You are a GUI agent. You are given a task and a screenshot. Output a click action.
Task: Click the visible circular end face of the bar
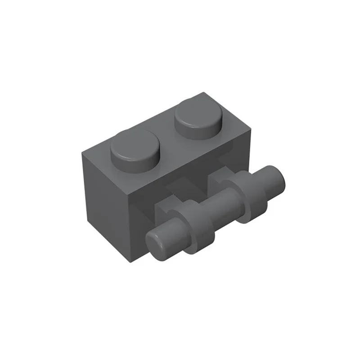(159, 245)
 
